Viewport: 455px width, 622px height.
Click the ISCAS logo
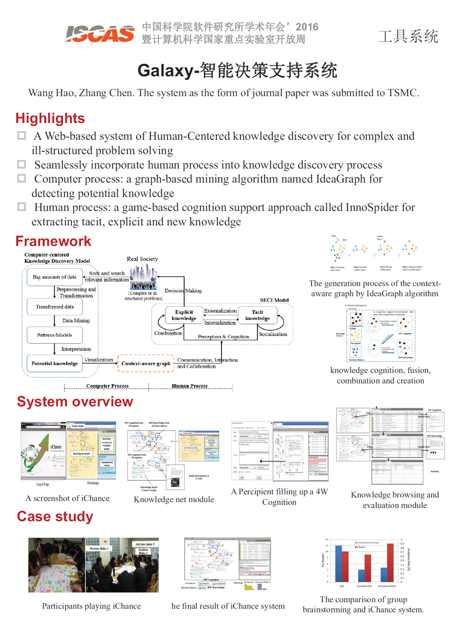coord(100,33)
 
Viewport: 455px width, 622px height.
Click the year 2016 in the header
coord(307,27)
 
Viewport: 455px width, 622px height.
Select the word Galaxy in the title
coord(165,71)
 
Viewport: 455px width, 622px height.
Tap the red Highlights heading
coord(50,118)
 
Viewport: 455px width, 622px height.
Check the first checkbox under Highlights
coord(21,136)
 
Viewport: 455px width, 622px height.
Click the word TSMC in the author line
coord(403,93)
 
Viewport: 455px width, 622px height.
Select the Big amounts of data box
coord(55,277)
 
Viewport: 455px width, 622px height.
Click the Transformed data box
coord(55,307)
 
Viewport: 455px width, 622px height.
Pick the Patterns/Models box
coord(55,335)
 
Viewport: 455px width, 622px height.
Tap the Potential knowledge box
coord(55,364)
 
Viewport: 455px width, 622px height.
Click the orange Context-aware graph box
coord(146,364)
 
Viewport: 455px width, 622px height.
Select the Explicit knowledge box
coord(184,315)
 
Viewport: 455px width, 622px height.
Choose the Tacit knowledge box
coord(258,315)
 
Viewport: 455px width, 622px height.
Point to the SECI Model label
coord(274,300)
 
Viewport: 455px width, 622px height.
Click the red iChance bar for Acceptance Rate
coord(390,562)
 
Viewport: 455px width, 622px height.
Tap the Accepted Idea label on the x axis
coord(364,586)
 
